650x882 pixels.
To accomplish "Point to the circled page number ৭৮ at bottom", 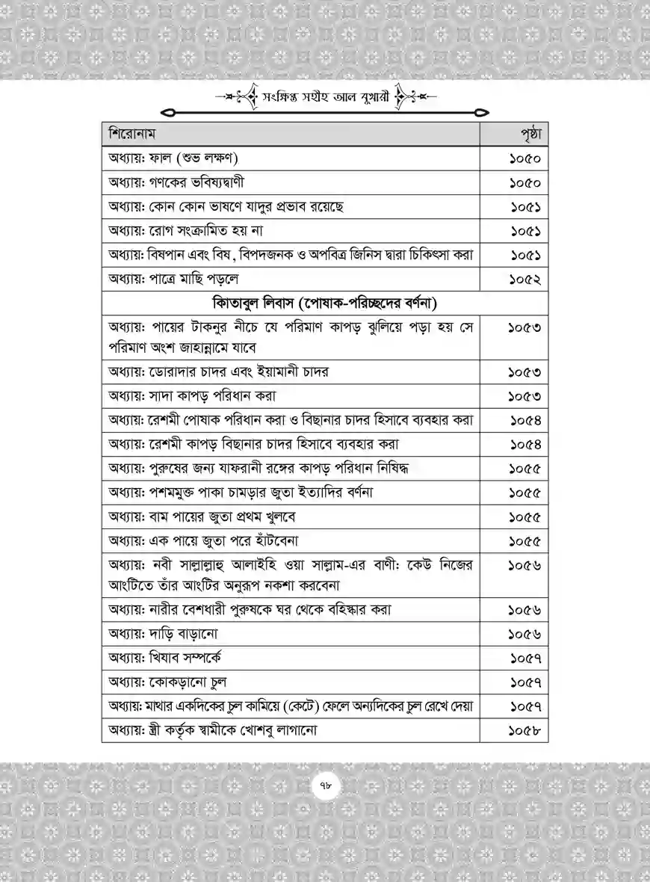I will click(x=324, y=785).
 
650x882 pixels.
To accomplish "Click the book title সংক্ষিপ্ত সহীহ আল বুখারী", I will click(x=325, y=98).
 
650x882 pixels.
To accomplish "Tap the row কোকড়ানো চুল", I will click(x=168, y=682).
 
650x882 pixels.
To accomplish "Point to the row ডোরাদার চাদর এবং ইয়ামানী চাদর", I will click(x=218, y=371).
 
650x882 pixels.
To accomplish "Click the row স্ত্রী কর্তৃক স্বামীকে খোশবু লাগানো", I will click(x=212, y=730).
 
